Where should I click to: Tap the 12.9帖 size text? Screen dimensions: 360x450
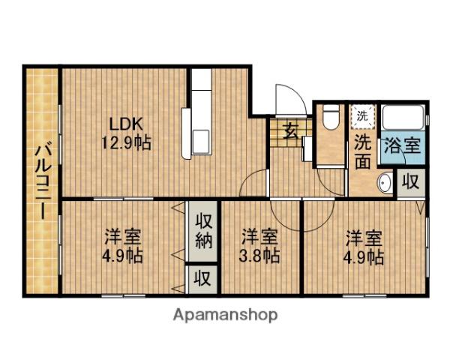tap(126, 142)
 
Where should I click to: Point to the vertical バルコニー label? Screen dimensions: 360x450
tap(40, 180)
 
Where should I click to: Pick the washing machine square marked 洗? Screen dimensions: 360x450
tap(361, 115)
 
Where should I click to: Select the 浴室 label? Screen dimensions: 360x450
tap(402, 145)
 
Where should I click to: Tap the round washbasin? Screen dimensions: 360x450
tap(384, 182)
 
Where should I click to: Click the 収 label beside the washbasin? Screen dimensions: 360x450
tap(409, 182)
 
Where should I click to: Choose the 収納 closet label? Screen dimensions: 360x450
tap(203, 232)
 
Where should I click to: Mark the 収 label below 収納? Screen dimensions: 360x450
tap(202, 278)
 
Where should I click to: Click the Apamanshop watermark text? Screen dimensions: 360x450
tap(226, 315)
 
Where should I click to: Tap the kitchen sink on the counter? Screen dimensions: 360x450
tap(200, 140)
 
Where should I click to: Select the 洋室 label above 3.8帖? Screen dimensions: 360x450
tap(260, 238)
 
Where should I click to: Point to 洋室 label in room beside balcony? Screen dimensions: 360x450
tap(122, 238)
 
